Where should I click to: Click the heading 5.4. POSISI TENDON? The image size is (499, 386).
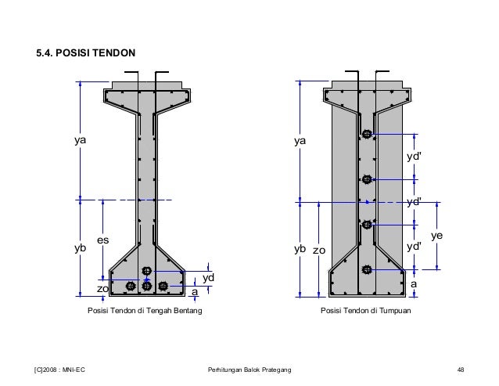pos(86,54)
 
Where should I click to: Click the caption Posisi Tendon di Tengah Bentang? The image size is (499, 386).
pos(145,311)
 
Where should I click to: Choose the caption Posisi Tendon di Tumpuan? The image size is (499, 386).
pos(366,311)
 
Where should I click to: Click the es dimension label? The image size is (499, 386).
pos(102,240)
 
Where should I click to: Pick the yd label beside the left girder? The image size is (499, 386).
pos(209,278)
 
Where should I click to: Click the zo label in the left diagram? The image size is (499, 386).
pos(102,288)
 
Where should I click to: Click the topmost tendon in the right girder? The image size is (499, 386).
pos(367,135)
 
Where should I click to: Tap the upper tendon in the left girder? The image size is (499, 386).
pos(146,272)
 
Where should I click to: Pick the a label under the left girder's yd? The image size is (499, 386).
pos(194,291)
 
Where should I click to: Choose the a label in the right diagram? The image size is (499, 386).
pos(414,284)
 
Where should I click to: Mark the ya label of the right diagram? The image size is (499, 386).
pos(300,142)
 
